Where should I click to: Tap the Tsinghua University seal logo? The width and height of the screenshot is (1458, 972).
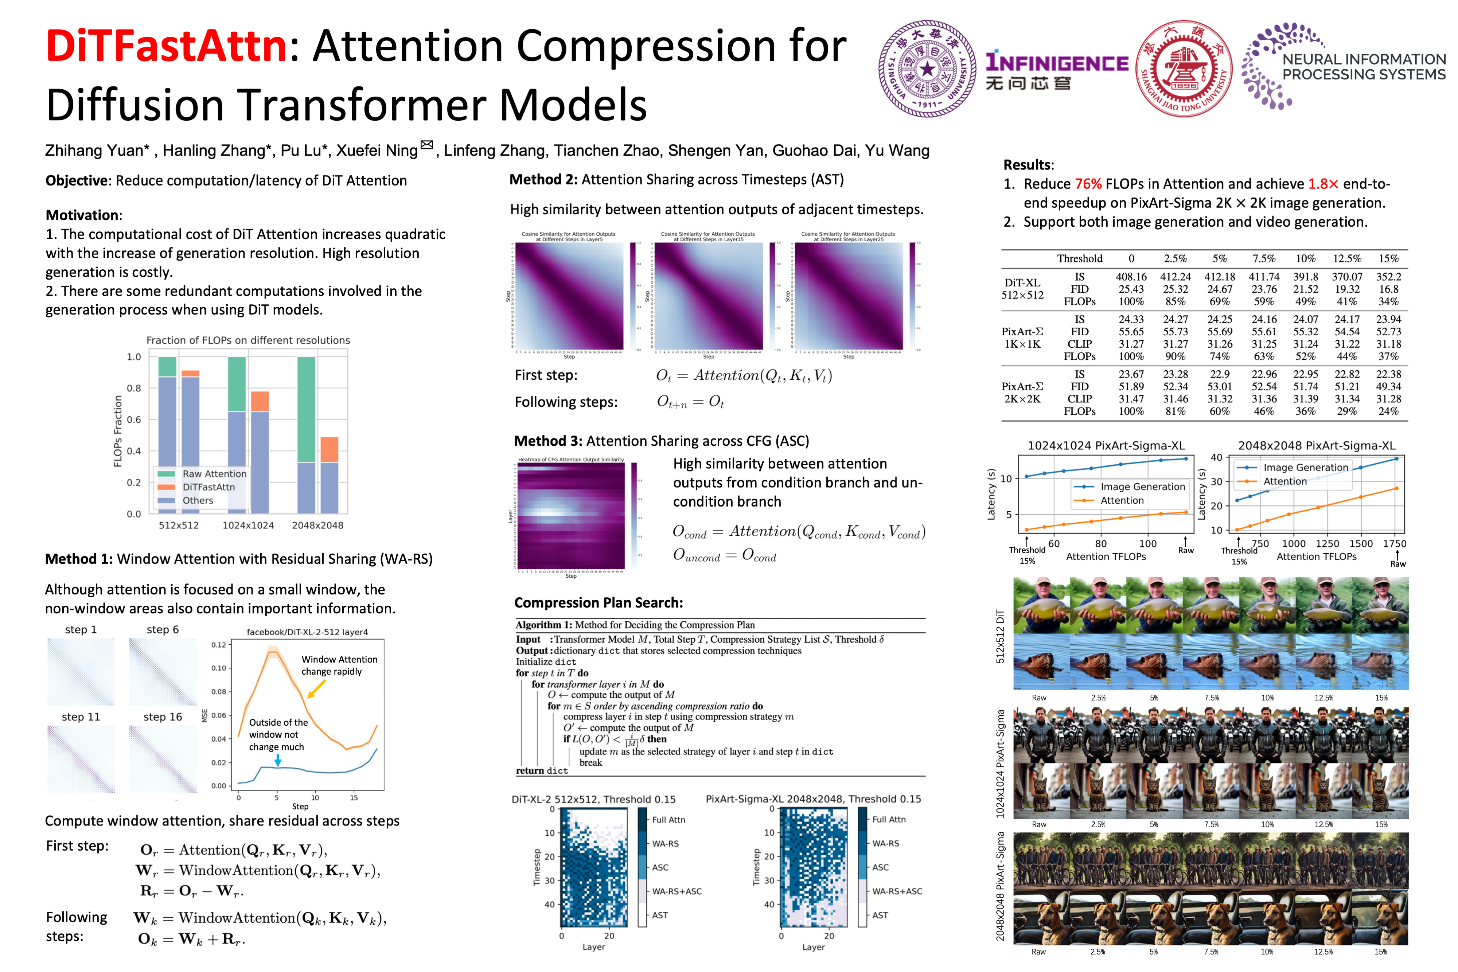click(927, 68)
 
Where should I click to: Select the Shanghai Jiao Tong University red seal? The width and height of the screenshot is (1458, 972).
click(1184, 68)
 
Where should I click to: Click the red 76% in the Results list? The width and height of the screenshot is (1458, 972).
click(1088, 184)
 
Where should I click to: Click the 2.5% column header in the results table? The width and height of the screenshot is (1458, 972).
click(1175, 258)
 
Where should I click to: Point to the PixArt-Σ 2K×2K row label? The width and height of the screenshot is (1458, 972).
click(1022, 393)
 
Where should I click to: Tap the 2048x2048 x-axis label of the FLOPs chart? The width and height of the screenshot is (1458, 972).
click(317, 525)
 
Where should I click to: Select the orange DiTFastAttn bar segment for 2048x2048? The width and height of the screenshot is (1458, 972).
click(329, 449)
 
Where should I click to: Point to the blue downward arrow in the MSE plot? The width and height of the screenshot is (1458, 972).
click(278, 760)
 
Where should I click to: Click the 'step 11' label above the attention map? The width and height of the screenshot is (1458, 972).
click(81, 717)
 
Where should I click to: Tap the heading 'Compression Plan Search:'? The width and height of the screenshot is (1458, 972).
click(598, 602)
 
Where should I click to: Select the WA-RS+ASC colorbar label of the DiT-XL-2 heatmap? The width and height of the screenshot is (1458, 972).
click(676, 891)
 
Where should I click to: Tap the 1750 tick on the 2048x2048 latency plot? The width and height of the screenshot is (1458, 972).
click(1394, 544)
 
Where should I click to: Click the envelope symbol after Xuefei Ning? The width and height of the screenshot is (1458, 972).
click(426, 145)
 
